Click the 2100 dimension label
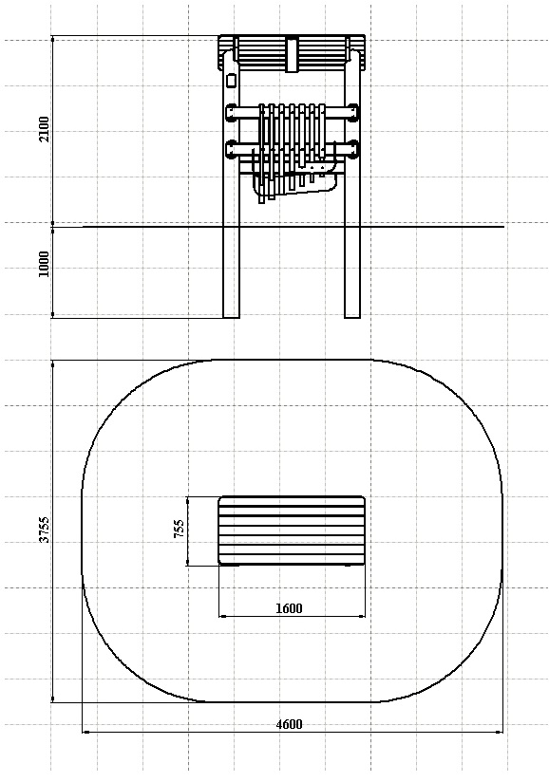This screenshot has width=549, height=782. click(x=45, y=129)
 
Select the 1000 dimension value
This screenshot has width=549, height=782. click(x=45, y=265)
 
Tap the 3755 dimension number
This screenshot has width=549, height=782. click(x=45, y=530)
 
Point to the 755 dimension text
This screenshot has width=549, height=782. click(x=179, y=529)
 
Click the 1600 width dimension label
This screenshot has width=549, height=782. click(x=289, y=608)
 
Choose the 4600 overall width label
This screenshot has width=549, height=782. click(x=289, y=724)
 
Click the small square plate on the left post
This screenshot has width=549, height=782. click(x=231, y=81)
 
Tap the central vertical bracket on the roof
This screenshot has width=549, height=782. click(x=292, y=54)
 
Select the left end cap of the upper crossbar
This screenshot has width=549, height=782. click(x=231, y=112)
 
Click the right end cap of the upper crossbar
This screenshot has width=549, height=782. click(x=354, y=112)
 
